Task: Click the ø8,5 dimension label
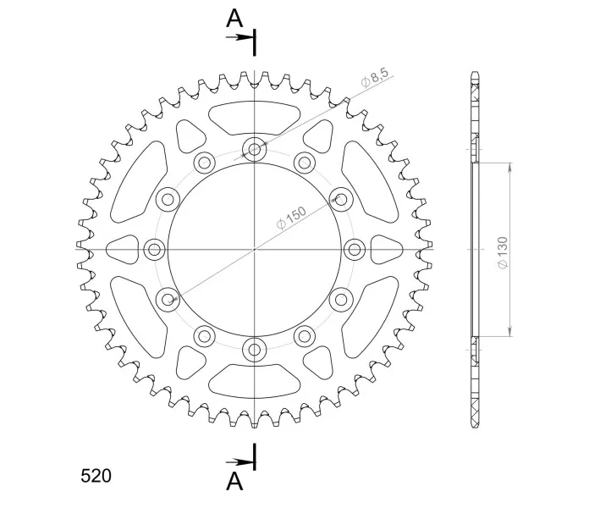point(375,77)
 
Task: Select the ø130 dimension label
point(502,252)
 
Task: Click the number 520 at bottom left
point(96,476)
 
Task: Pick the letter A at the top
point(234,19)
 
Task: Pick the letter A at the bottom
point(234,481)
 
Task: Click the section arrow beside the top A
point(239,37)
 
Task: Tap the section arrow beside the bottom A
point(239,461)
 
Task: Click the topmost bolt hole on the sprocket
point(255,149)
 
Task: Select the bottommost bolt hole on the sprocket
point(255,350)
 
